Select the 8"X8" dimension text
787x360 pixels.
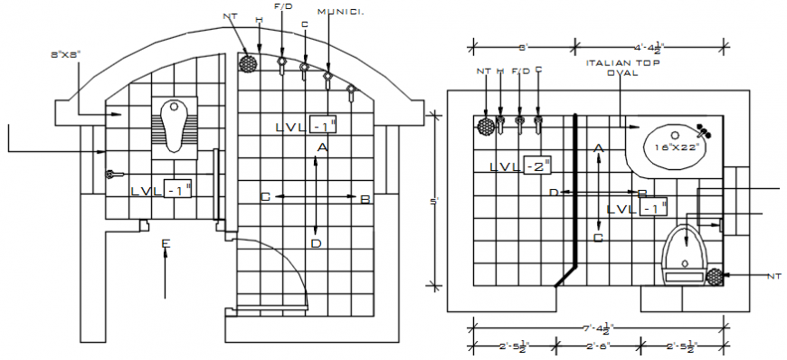point(65,54)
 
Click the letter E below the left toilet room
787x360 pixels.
point(165,243)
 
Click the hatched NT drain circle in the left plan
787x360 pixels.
point(246,63)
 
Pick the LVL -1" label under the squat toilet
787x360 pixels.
point(162,190)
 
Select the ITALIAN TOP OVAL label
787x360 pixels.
point(621,68)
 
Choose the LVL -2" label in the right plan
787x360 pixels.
point(520,166)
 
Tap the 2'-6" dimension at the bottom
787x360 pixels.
point(598,346)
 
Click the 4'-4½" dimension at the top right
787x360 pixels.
point(650,44)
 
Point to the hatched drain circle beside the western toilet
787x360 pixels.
point(716,276)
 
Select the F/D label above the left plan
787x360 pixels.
point(282,6)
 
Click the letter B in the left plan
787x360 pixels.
point(365,199)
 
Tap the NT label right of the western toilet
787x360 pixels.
point(773,275)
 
